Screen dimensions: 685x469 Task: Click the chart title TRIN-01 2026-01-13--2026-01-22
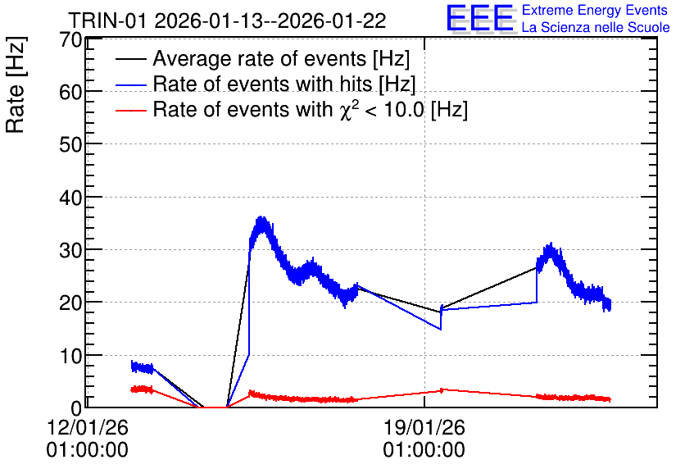pos(227,20)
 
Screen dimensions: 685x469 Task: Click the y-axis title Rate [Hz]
pos(16,84)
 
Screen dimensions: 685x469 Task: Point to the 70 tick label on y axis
pos(70,40)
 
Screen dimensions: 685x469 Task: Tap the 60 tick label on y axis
pos(70,92)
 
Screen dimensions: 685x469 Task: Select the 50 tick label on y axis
pos(70,144)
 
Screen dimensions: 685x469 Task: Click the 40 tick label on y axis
pos(70,198)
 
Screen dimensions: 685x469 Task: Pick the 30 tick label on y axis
pos(70,250)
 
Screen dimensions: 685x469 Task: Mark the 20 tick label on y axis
pos(70,303)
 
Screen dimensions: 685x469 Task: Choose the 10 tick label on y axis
pos(70,356)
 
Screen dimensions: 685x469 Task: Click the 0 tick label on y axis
pos(76,408)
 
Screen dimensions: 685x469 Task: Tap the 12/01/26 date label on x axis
pos(88,427)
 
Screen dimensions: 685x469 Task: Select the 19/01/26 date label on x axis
pos(424,427)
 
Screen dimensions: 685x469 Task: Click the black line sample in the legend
pos(130,59)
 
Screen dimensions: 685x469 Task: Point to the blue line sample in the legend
pos(130,84)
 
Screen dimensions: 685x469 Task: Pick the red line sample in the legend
pos(130,110)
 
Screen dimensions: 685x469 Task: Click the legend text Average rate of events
pos(260,58)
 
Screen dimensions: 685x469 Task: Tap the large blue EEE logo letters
pos(480,18)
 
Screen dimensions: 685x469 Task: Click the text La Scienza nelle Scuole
pos(596,27)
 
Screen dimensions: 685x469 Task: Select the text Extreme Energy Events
pos(595,10)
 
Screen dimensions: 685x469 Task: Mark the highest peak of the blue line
pos(261,216)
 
